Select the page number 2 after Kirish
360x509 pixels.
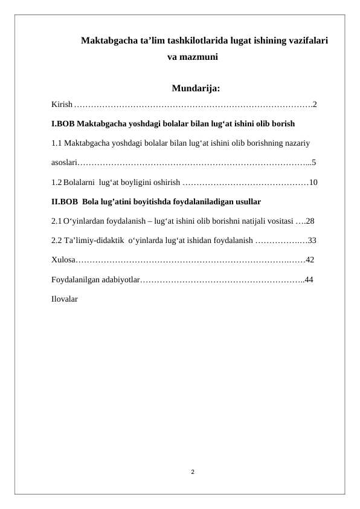[x=315, y=105]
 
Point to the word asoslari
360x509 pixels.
[x=63, y=163]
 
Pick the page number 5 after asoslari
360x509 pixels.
[x=314, y=163]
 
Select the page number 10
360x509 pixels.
[x=313, y=182]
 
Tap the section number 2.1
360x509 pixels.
[x=56, y=221]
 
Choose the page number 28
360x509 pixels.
[x=310, y=221]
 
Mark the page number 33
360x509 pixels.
[x=312, y=241]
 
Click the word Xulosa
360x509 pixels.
[x=63, y=260]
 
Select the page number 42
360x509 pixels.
[x=310, y=260]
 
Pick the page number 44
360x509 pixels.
[x=309, y=280]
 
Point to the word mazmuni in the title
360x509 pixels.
[x=199, y=59]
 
